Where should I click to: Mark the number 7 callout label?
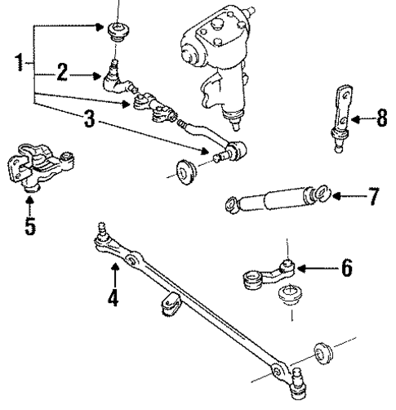(x=373, y=196)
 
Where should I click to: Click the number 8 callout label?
(x=381, y=119)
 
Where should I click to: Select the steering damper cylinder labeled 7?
(x=274, y=201)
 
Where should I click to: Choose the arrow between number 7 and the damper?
(x=347, y=196)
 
